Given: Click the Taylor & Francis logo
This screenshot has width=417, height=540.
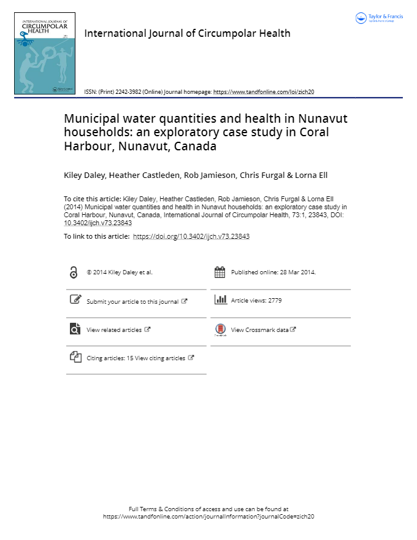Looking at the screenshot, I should pyautogui.click(x=379, y=18).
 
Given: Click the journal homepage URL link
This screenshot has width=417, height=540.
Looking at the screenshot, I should pyautogui.click(x=264, y=91).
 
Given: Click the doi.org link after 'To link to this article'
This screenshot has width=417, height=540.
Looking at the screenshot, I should pyautogui.click(x=191, y=236).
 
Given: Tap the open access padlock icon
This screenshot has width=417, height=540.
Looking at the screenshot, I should pyautogui.click(x=74, y=272).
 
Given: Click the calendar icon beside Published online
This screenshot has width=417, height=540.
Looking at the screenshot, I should pyautogui.click(x=220, y=272).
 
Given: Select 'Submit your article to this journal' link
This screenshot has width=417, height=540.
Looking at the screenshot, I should pyautogui.click(x=132, y=301).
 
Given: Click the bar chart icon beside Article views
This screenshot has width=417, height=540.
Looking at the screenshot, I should pyautogui.click(x=220, y=300).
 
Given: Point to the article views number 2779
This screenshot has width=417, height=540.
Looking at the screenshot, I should pyautogui.click(x=274, y=301).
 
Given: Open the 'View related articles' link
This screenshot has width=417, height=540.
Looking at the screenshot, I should pyautogui.click(x=114, y=330).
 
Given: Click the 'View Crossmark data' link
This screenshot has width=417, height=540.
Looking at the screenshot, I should pyautogui.click(x=259, y=330).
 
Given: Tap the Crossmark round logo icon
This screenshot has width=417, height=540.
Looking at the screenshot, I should pyautogui.click(x=220, y=330).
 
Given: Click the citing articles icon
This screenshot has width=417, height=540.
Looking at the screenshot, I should pyautogui.click(x=75, y=357).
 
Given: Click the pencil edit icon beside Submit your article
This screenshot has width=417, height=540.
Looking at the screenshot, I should pyautogui.click(x=75, y=300).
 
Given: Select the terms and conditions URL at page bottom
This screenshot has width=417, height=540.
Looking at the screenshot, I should pyautogui.click(x=208, y=517).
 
